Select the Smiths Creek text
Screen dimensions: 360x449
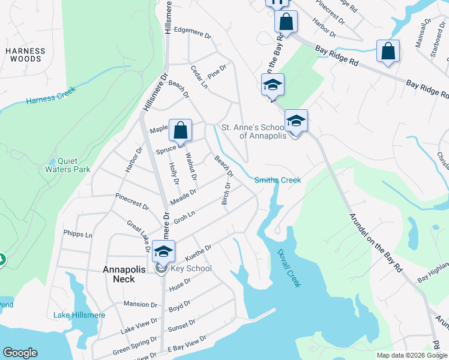[x=277, y=180]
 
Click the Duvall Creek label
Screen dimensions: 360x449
[x=289, y=269]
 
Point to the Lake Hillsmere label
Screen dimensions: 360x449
[x=79, y=315]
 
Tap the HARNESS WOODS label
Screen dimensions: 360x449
[x=25, y=55]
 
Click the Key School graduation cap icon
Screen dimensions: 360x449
[x=163, y=251]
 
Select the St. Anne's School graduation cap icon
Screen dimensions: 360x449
[x=295, y=121]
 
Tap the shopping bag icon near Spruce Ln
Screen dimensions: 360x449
[x=180, y=129]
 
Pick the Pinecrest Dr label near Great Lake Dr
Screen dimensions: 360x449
[x=132, y=202]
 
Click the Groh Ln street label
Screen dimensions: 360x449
[x=184, y=217]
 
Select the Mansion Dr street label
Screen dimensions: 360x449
[x=140, y=304]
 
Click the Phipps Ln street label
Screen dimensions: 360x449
[x=78, y=235]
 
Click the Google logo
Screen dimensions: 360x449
[x=20, y=353]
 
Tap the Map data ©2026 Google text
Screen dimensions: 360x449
[x=411, y=355]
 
